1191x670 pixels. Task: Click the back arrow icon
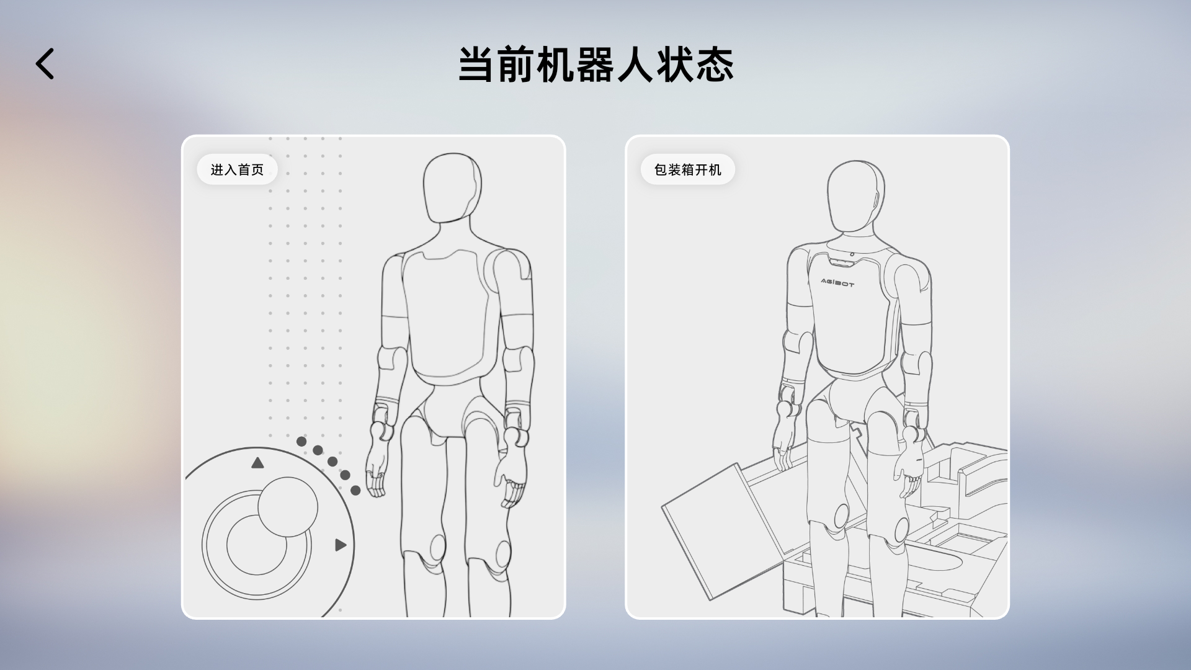(x=45, y=64)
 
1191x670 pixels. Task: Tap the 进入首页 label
(x=237, y=169)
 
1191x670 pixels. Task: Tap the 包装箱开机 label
(x=687, y=169)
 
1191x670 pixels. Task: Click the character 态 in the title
(x=715, y=65)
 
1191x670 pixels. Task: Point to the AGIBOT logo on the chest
(x=837, y=283)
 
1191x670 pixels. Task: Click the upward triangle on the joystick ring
(x=257, y=463)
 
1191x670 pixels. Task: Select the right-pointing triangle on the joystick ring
(x=340, y=545)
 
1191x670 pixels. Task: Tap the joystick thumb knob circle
(x=288, y=507)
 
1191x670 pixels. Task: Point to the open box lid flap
(x=713, y=527)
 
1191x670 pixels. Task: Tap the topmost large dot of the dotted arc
(x=301, y=442)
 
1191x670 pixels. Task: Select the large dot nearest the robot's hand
(x=355, y=490)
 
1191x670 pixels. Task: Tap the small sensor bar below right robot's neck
(x=842, y=263)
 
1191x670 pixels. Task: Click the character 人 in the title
(x=635, y=65)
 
